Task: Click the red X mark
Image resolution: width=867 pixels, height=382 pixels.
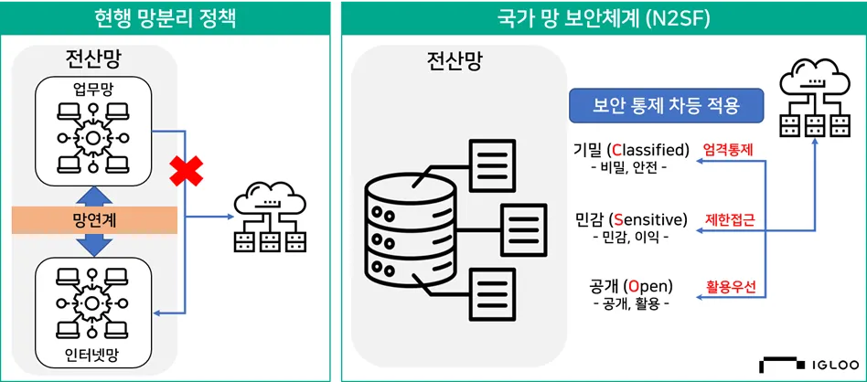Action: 186,171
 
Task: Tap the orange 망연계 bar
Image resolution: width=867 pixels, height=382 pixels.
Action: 94,219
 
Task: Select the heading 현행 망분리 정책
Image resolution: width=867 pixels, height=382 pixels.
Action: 165,17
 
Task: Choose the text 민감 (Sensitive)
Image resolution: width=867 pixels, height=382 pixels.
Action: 631,219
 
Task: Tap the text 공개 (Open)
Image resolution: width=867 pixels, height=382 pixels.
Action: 631,286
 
